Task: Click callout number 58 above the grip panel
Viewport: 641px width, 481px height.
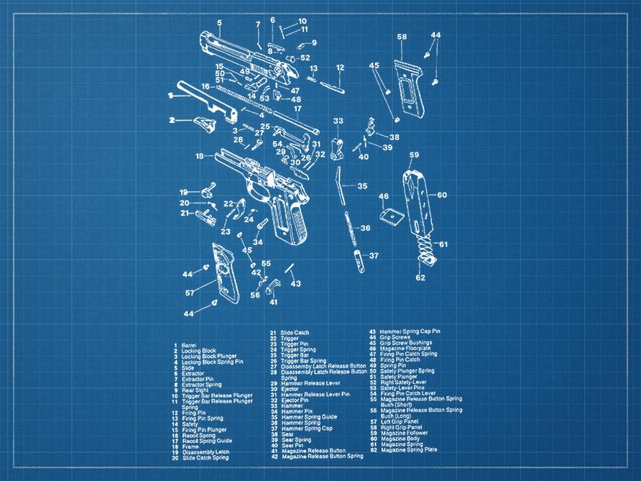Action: tap(402, 37)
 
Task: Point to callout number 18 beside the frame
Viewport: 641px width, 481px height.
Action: tap(199, 155)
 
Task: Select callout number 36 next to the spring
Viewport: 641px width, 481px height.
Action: tap(365, 228)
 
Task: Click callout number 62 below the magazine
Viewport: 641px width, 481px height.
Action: tap(420, 278)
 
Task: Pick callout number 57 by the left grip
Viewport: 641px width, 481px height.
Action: tap(190, 293)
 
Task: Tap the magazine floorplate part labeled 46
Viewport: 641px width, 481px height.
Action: tap(391, 215)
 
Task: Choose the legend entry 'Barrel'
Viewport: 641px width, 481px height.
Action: tap(189, 345)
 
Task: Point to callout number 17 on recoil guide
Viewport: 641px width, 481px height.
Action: tap(297, 109)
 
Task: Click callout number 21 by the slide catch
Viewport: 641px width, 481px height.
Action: tap(185, 213)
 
